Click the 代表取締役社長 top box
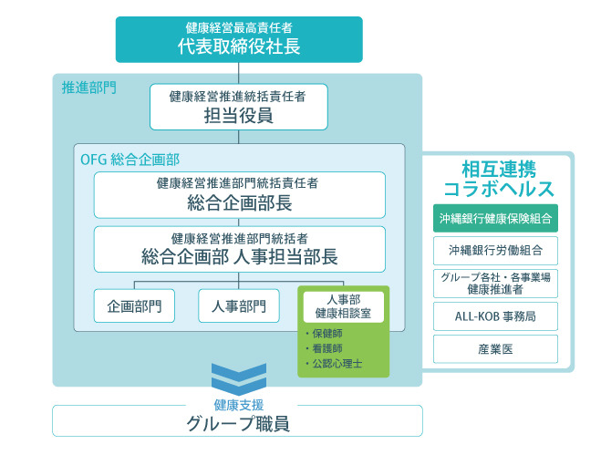(239, 39)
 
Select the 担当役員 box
(238, 107)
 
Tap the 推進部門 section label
(89, 88)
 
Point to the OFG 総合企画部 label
(130, 160)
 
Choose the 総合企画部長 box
(240, 195)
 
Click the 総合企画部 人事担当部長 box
(240, 249)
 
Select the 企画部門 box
(134, 305)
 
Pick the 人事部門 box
(238, 305)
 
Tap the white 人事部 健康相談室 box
(344, 306)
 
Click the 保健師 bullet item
(324, 334)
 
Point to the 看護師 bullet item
(324, 348)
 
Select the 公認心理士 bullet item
(334, 364)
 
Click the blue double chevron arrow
(239, 379)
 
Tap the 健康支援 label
(239, 405)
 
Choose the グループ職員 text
(238, 424)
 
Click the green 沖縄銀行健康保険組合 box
(495, 219)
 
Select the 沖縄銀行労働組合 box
(495, 251)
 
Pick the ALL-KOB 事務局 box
(495, 316)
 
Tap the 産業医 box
(495, 349)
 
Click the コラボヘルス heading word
(499, 189)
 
